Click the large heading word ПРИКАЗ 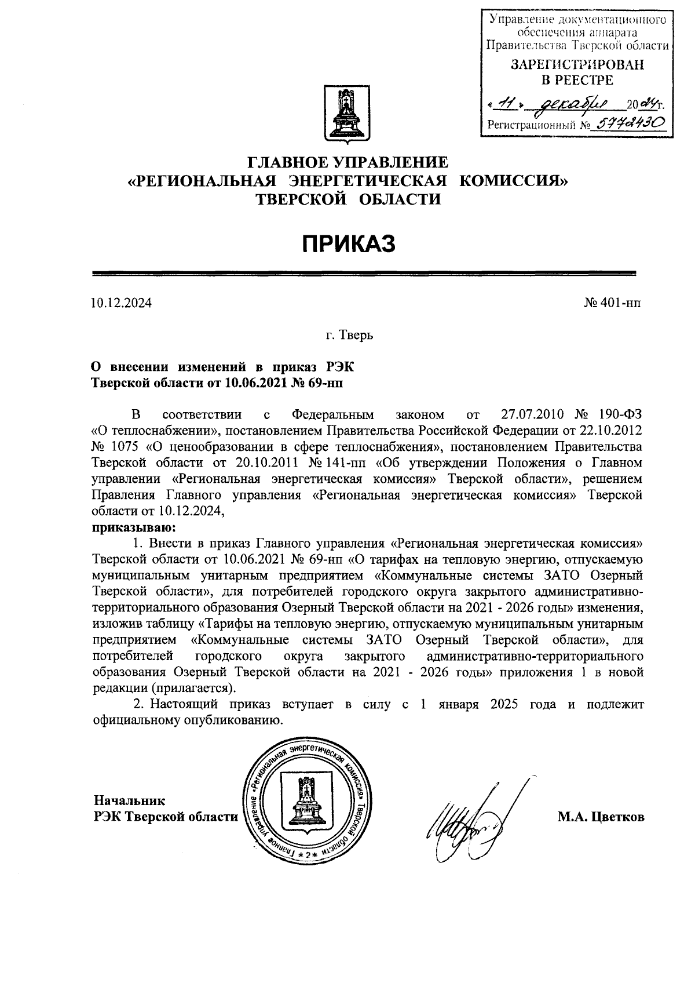(x=348, y=244)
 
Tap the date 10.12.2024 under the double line (x=121, y=303)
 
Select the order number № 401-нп (x=613, y=303)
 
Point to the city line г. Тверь (x=349, y=335)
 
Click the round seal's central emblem (x=305, y=798)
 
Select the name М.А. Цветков (x=601, y=817)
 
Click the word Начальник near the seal (x=130, y=800)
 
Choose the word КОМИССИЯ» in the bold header (x=514, y=181)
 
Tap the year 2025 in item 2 (x=506, y=705)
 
